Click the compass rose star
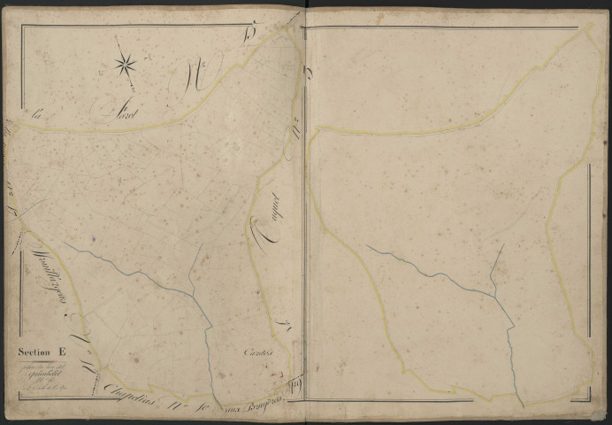[x=125, y=63]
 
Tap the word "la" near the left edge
[x=37, y=114]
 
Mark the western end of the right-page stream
[x=368, y=247]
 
